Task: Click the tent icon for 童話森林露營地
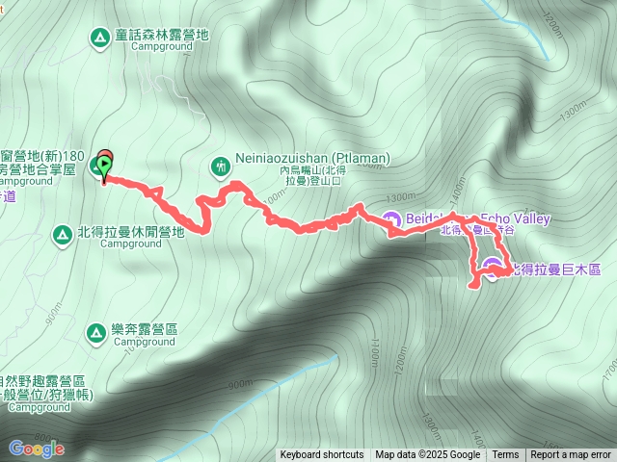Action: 98,38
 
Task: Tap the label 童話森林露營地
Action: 161,35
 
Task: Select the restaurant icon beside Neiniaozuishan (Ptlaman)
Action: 221,167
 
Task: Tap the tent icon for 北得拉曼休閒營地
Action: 60,232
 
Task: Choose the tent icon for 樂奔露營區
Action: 95,333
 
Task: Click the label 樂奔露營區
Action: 145,329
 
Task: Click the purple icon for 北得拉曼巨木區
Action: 492,268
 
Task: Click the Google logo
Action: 36,448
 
